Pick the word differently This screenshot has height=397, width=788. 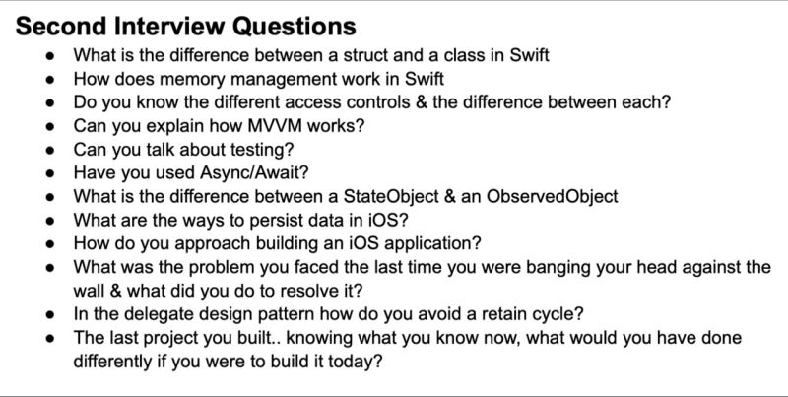coord(111,363)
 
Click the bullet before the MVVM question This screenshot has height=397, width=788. coord(50,126)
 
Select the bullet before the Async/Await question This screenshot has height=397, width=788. coord(50,173)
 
